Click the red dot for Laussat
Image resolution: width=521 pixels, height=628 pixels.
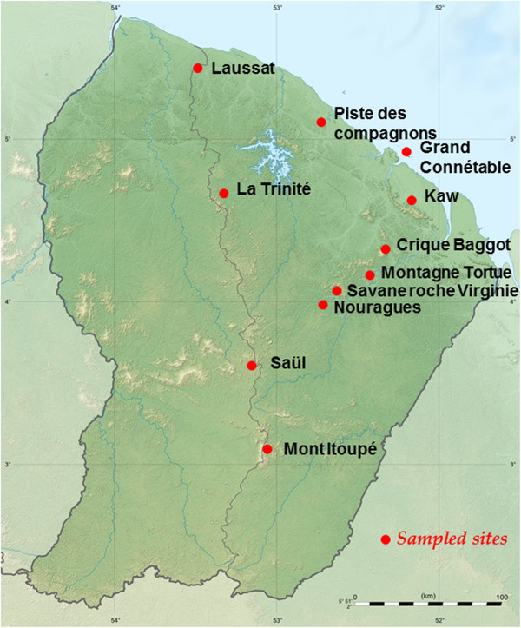click(198, 68)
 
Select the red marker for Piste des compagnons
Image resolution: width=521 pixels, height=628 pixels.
click(321, 122)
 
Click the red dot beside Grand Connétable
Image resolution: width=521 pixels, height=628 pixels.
click(406, 152)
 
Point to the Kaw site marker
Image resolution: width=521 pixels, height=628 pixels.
click(412, 200)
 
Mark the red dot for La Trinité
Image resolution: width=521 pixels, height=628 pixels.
click(224, 193)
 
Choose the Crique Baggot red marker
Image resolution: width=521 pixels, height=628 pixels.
click(385, 249)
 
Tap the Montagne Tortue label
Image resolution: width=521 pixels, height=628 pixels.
click(445, 273)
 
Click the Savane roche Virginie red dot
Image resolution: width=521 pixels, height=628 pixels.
click(337, 290)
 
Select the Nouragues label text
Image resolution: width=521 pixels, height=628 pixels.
click(378, 307)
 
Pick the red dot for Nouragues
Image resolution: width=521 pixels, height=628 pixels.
click(323, 305)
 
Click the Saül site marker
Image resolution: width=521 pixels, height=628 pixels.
click(252, 366)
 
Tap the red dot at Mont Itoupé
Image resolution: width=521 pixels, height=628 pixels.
click(267, 449)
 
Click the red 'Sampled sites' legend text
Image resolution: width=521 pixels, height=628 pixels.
click(452, 539)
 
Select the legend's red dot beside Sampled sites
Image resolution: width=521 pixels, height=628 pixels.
click(386, 539)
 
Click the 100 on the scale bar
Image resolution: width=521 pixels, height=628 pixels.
click(500, 598)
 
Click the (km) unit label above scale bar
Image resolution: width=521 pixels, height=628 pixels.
click(427, 596)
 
